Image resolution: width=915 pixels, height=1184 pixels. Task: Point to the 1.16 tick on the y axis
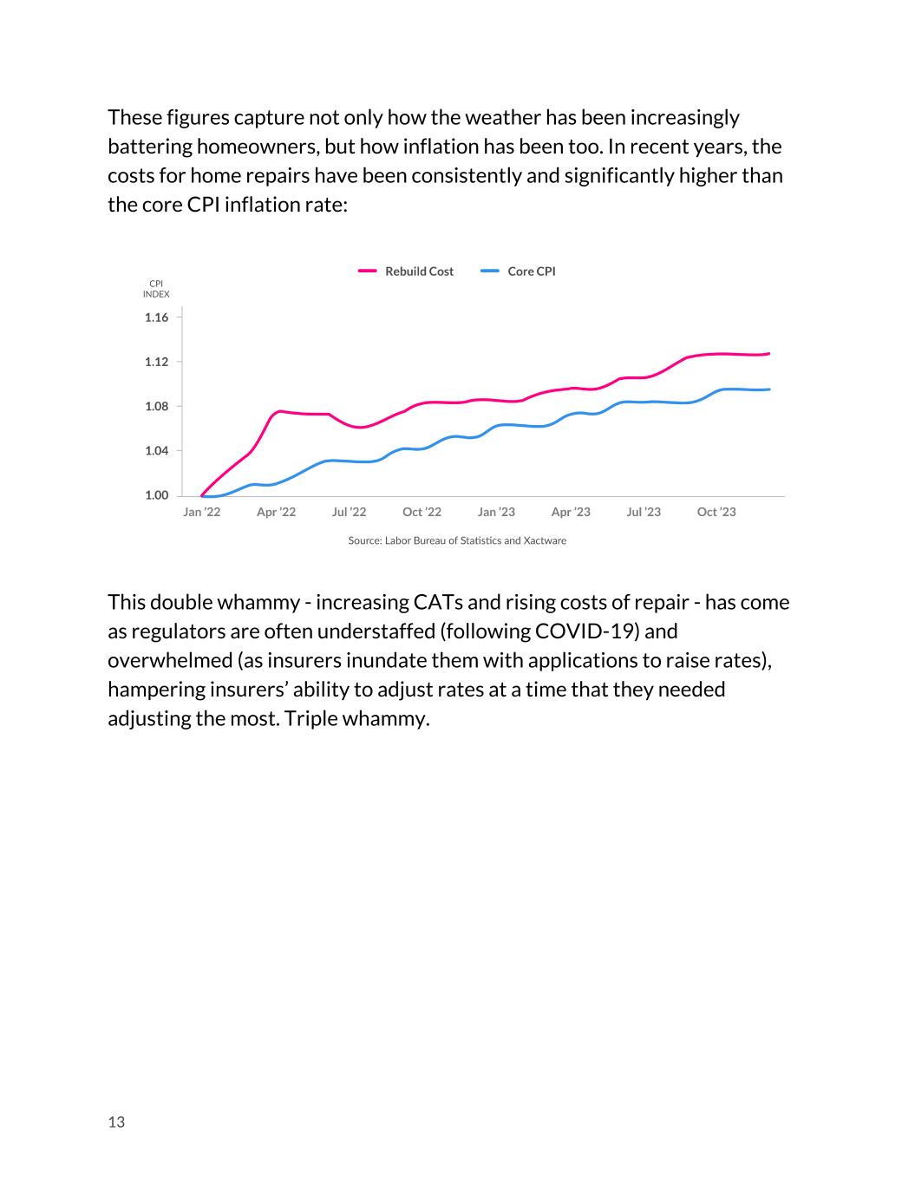point(157,317)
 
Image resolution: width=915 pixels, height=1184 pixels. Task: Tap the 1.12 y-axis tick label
point(157,362)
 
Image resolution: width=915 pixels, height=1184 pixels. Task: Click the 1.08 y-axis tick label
point(157,406)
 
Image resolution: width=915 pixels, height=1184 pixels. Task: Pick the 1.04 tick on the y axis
point(157,451)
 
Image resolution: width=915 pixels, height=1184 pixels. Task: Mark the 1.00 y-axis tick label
point(157,495)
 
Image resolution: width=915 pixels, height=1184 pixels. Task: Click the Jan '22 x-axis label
point(202,512)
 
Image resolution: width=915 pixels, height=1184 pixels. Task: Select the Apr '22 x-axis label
point(276,512)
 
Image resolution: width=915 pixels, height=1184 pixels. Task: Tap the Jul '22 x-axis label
point(349,512)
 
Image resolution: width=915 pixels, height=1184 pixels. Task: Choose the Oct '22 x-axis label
point(422,512)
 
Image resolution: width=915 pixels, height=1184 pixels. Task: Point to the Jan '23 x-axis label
point(496,512)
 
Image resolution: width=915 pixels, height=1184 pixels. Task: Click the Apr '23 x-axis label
point(571,512)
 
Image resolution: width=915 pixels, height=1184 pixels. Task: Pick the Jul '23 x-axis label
point(644,512)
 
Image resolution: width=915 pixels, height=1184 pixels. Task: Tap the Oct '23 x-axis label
point(716,512)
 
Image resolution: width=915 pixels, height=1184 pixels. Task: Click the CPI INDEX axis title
point(156,289)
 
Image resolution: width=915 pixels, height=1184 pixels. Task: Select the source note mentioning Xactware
point(457,540)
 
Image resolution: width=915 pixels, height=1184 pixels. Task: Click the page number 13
point(116,1122)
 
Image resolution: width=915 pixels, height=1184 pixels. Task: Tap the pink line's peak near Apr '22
point(279,411)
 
